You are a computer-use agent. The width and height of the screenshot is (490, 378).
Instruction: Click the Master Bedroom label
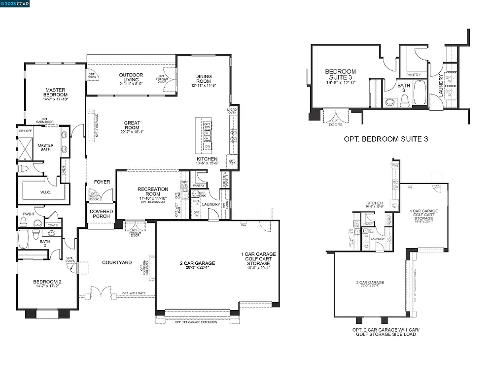(x=55, y=92)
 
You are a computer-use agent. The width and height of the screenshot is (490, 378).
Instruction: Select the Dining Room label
(x=203, y=79)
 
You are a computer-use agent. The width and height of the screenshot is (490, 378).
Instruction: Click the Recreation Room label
(x=153, y=192)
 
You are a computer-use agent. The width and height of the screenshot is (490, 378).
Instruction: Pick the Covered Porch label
(x=101, y=214)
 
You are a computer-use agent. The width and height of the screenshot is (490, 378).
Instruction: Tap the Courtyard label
(x=117, y=262)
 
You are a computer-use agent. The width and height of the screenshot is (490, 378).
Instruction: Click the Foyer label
(x=102, y=182)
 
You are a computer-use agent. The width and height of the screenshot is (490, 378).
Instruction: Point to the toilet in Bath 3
(x=405, y=100)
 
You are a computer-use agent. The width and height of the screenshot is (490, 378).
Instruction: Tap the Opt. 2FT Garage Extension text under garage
(x=196, y=322)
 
